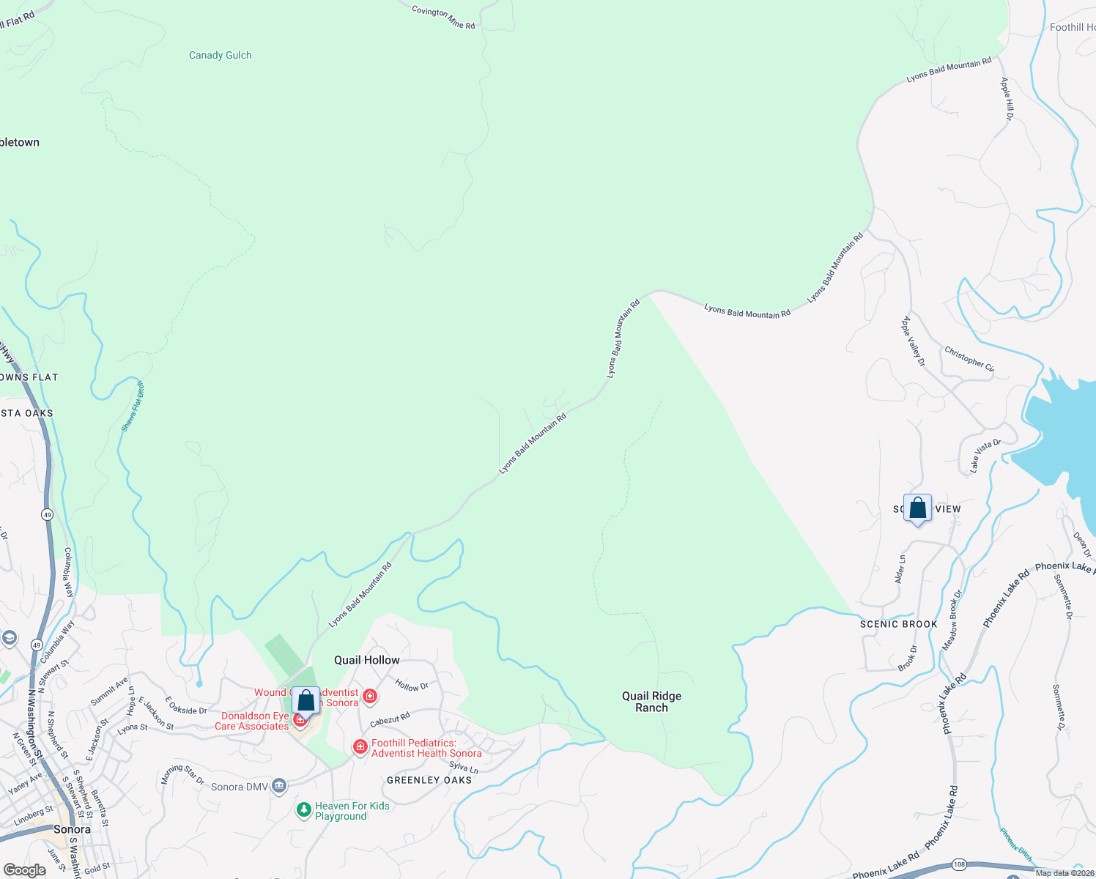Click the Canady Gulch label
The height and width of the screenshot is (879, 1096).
tap(220, 55)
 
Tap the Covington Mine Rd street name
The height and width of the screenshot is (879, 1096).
tap(443, 18)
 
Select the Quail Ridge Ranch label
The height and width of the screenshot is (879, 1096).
tap(651, 702)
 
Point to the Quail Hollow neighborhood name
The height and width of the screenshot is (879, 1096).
tap(366, 660)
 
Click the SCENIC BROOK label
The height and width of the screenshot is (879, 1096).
tap(898, 624)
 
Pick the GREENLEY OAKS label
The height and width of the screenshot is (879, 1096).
tap(429, 780)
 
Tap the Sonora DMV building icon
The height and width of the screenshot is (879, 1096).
tap(278, 787)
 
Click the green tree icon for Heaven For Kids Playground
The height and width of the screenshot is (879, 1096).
tap(303, 810)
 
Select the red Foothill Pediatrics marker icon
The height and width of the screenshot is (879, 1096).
tap(360, 747)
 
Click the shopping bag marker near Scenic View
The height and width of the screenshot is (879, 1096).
tap(917, 508)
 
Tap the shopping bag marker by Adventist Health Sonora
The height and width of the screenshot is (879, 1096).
tap(306, 700)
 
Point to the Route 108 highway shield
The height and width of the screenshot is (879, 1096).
tap(959, 864)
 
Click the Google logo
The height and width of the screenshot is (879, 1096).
tap(24, 869)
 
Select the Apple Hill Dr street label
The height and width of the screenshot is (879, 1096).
tap(1007, 99)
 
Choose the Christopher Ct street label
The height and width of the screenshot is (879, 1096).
tap(969, 359)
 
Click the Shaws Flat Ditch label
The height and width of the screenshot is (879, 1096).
tap(133, 407)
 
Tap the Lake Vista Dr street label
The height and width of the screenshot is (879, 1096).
tap(985, 455)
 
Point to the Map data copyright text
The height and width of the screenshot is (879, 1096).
tap(1064, 873)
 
